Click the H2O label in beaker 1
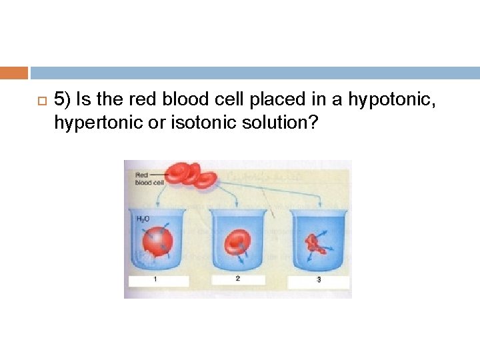pyautogui.click(x=142, y=218)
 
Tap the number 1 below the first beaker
pyautogui.click(x=155, y=280)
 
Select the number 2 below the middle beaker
pyautogui.click(x=237, y=279)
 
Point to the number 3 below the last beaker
pyautogui.click(x=319, y=280)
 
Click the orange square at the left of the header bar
pyautogui.click(x=14, y=73)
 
